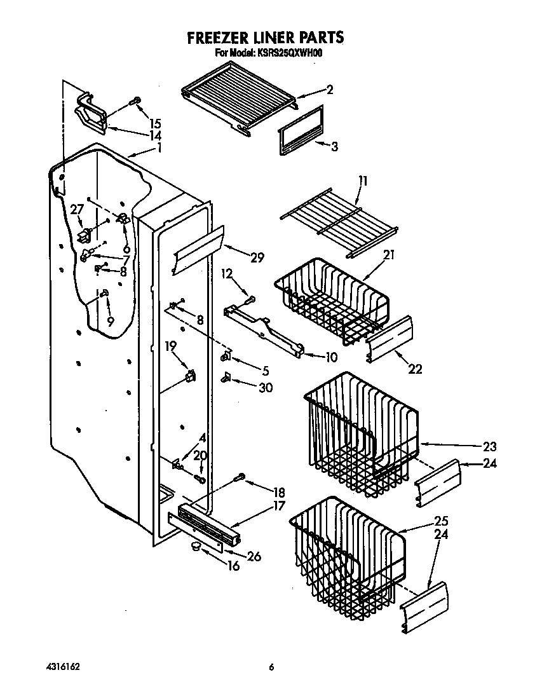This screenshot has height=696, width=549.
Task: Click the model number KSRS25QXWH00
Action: pos(287,54)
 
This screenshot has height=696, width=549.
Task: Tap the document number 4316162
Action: pos(63,667)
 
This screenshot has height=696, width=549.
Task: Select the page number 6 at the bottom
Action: pos(271,667)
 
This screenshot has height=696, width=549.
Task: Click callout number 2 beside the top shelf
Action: pos(329,90)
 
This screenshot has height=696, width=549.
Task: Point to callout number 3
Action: pos(334,146)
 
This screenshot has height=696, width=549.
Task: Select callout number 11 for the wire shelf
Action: pos(362,181)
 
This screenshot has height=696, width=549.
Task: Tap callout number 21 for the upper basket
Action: pos(389,255)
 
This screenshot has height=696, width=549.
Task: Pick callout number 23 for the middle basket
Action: pos(489,446)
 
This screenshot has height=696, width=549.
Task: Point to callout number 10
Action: pos(330,357)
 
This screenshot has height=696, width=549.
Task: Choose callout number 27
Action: pos(77,209)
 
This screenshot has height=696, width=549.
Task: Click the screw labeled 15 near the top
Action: pos(135,100)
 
